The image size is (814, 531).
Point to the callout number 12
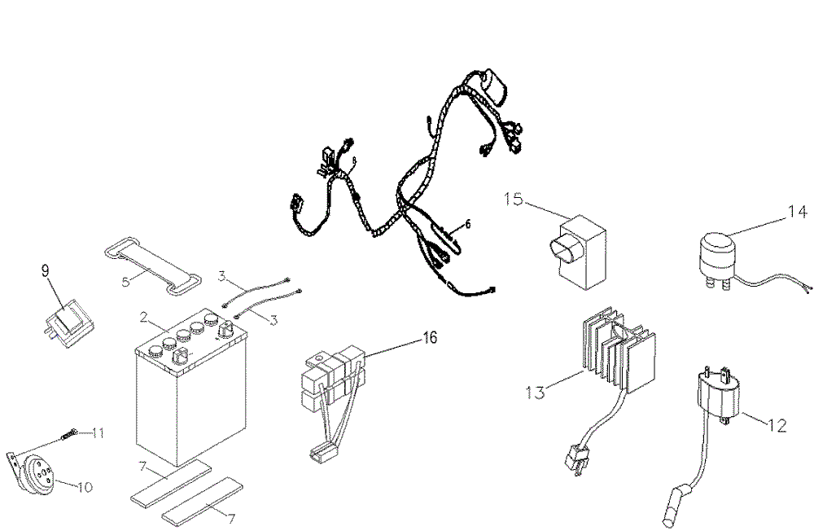[777, 424]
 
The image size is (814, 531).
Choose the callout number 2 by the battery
[143, 317]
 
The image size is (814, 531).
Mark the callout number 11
[98, 432]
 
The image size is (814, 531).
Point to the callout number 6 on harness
[468, 222]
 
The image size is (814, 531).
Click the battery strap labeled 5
[155, 262]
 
